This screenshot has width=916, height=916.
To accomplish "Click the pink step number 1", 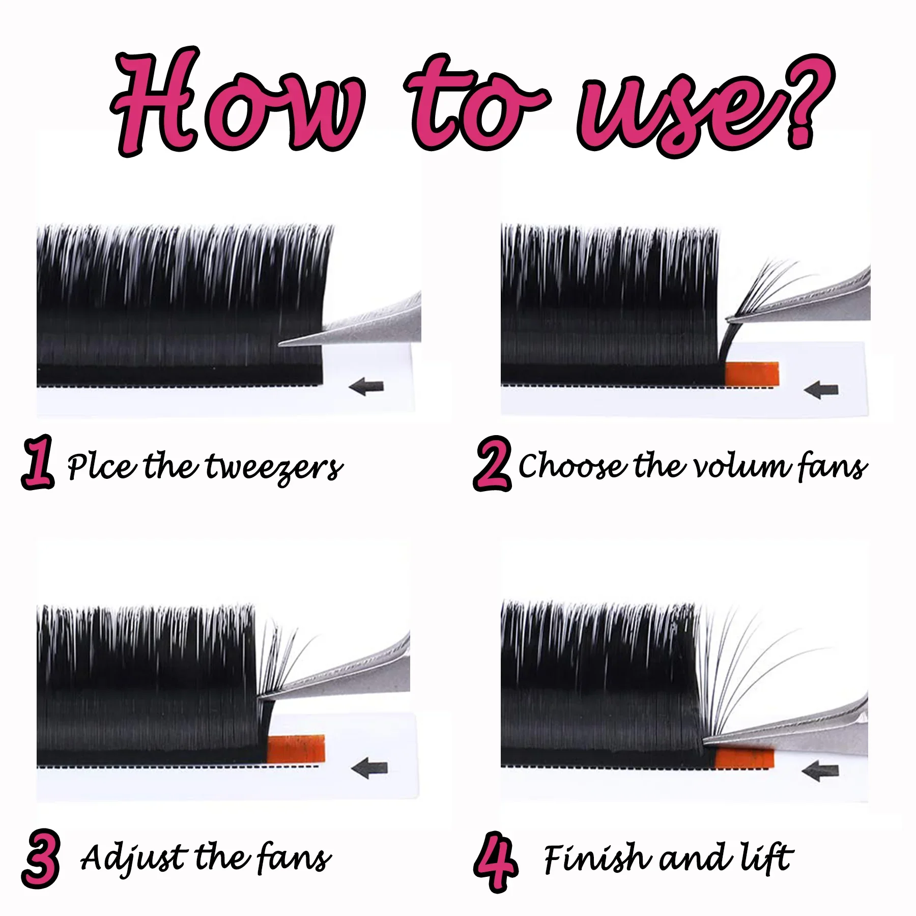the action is [x=38, y=462].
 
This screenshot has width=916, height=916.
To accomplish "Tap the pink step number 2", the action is [x=492, y=463].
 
